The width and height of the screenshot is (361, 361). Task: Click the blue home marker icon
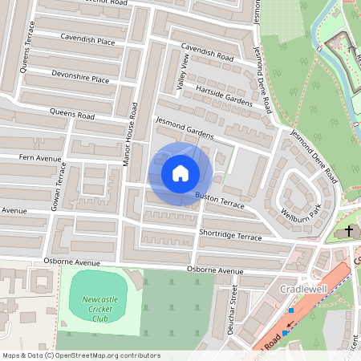pyautogui.click(x=180, y=172)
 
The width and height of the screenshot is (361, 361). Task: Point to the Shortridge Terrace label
pyautogui.click(x=230, y=236)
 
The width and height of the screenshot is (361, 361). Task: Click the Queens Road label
pyautogui.click(x=71, y=114)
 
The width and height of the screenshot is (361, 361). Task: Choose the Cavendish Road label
pyautogui.click(x=207, y=52)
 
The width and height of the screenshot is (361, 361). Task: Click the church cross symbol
pyautogui.click(x=349, y=231)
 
